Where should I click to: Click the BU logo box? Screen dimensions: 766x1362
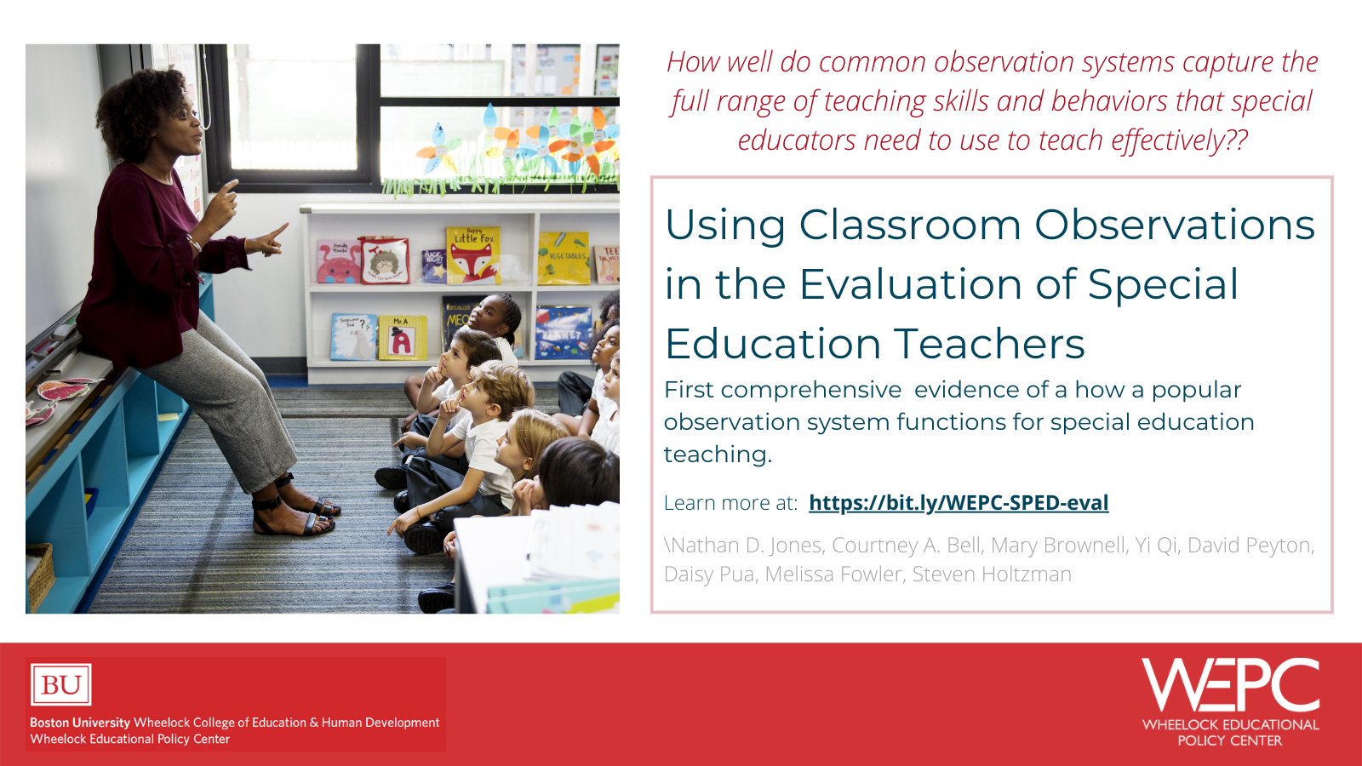tap(61, 685)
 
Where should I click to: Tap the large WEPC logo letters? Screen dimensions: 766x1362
tap(1230, 684)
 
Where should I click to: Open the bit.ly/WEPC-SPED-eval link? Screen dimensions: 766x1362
tap(959, 503)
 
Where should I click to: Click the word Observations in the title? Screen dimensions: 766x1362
tap(1175, 226)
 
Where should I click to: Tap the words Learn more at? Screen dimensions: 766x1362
tap(730, 503)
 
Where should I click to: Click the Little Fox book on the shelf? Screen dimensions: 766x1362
tap(473, 254)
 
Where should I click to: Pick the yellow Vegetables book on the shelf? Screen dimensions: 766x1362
tap(564, 258)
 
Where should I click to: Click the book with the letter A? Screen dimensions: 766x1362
tap(401, 337)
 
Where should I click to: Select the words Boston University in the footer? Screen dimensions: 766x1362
tap(80, 723)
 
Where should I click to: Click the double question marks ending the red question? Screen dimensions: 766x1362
tap(1237, 140)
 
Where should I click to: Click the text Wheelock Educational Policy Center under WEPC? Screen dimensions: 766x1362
tap(1230, 733)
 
